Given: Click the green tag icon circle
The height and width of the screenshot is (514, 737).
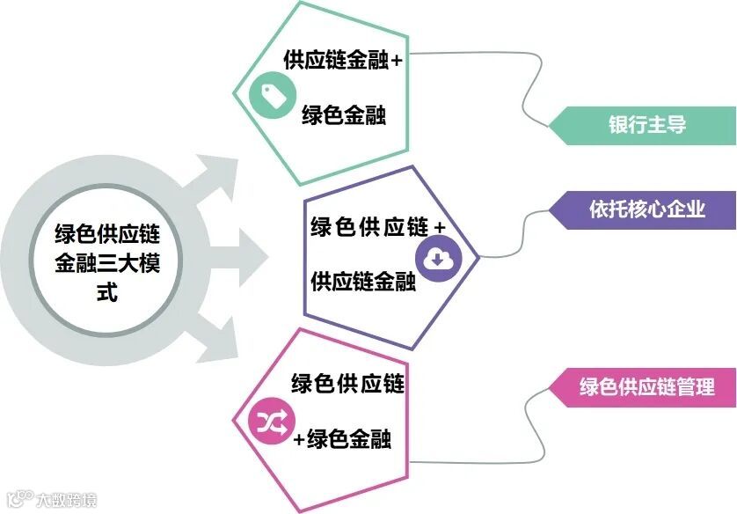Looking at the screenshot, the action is pyautogui.click(x=270, y=96).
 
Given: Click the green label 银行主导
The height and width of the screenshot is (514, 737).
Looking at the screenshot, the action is pyautogui.click(x=646, y=124).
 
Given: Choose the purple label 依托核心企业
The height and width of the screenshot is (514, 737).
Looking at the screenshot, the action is pyautogui.click(x=646, y=209).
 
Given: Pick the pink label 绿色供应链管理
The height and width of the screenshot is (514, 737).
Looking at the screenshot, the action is pyautogui.click(x=646, y=386).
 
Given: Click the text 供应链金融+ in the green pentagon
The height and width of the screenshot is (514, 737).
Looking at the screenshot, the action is pyautogui.click(x=342, y=60).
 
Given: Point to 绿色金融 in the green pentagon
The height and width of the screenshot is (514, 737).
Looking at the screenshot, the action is pyautogui.click(x=343, y=116).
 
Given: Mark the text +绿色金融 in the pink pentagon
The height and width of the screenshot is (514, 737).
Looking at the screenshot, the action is pyautogui.click(x=342, y=439).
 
